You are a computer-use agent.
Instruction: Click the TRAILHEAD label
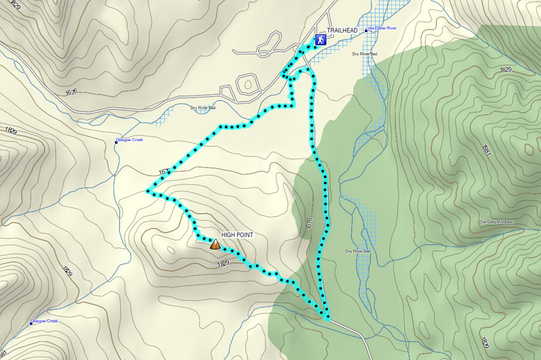pos(341,31)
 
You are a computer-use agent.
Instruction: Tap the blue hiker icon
pos(321,40)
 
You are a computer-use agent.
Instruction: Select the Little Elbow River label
pos(382,28)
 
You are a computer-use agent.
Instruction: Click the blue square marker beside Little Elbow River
pos(365,28)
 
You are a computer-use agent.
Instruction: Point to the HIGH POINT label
pos(237,235)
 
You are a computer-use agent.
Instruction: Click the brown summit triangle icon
pos(215,244)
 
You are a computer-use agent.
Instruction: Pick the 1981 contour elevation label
pos(486,150)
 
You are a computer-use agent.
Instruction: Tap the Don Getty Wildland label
pos(496,222)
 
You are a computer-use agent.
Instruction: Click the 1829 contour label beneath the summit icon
pos(223,263)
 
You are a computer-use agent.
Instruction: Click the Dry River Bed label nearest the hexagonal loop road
pos(203,108)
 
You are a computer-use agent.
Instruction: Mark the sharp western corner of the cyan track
pos(148,192)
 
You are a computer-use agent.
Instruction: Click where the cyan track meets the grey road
pos(328,317)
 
